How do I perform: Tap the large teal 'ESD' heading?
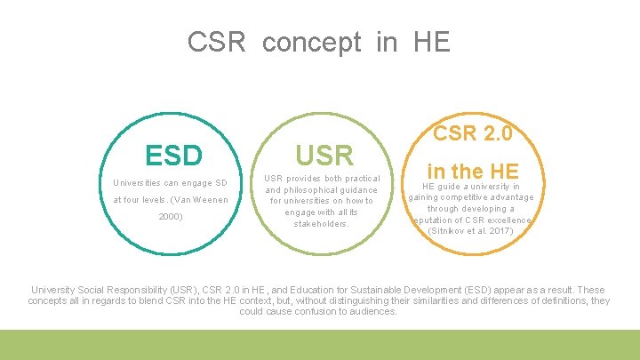pyautogui.click(x=174, y=155)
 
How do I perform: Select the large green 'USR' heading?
pyautogui.click(x=324, y=155)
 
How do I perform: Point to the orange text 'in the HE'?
pyautogui.click(x=472, y=169)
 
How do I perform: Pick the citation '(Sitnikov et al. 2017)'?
pyautogui.click(x=470, y=231)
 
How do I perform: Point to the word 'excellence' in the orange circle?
pyautogui.click(x=508, y=220)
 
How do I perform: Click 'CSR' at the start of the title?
pyautogui.click(x=216, y=42)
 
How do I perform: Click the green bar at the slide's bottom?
pyautogui.click(x=320, y=345)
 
